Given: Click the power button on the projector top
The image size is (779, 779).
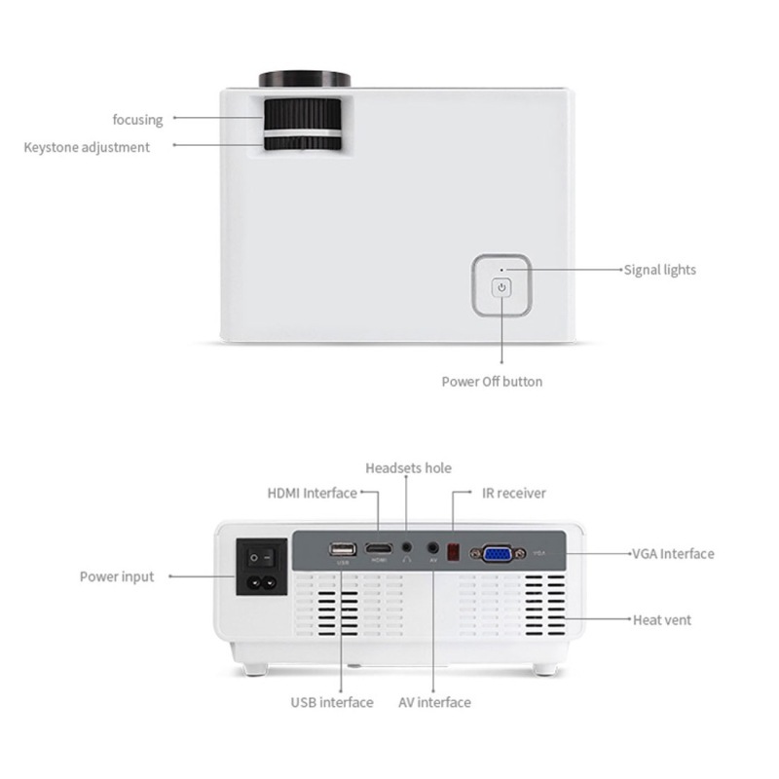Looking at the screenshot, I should pos(501,287).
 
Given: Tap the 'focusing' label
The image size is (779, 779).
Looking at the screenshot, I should pos(137,119).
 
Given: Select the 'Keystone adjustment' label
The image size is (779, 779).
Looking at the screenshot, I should pos(87,147).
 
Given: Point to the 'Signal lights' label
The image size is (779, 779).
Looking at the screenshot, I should pos(659,270).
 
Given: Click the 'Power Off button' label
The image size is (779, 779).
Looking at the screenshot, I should pos(492,381).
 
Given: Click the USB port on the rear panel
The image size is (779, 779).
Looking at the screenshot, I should pos(343,549).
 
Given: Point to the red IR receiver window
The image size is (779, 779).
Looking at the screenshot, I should pos(453,551).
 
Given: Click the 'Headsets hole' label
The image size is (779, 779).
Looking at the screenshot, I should pos(408,468).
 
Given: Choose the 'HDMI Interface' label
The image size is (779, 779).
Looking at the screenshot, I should pos(312,493).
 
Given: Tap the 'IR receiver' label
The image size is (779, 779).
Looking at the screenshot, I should pos(513,493).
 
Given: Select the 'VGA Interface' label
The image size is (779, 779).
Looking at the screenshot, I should pos(673,553).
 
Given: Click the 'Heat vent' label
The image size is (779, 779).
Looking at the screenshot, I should pos(662,619).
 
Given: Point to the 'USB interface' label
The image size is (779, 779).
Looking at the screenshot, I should pos(331,702).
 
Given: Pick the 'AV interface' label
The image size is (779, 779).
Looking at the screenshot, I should pos(434,702).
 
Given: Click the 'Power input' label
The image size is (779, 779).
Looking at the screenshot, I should pos(117,576).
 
